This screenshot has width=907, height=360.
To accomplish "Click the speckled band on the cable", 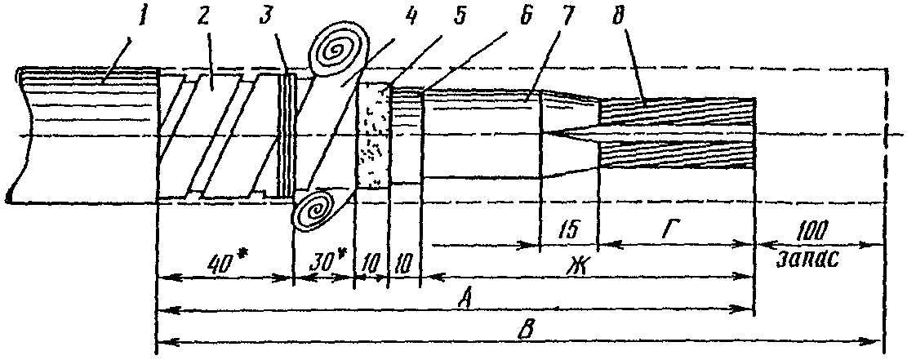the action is point(372,136).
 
